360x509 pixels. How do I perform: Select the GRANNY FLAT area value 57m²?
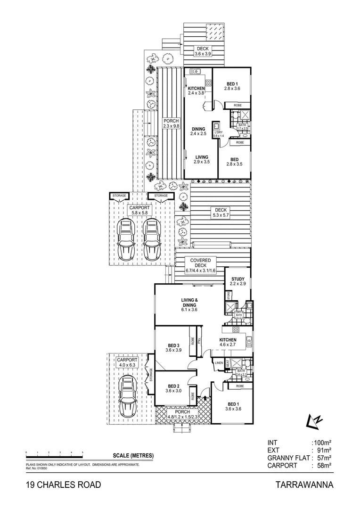pos(321,458)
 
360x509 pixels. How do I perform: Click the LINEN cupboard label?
pos(219,363)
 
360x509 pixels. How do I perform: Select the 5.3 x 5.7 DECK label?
pos(221,213)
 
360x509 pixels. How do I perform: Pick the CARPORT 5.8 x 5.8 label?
pos(139,210)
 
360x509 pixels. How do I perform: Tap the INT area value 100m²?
pos(321,442)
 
